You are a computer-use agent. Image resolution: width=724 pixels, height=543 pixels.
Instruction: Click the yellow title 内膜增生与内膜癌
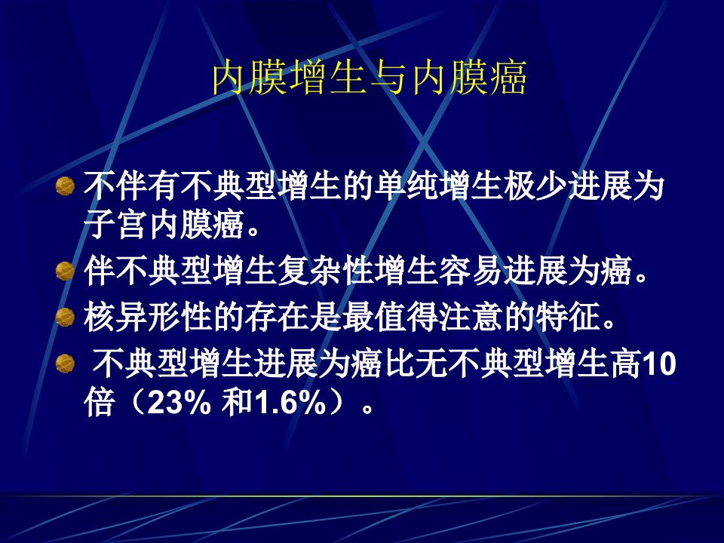[x=370, y=78]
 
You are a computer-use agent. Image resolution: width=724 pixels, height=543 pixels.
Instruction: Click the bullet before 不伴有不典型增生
[x=65, y=186]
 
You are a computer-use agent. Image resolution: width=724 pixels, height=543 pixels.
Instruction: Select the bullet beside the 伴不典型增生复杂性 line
[x=65, y=271]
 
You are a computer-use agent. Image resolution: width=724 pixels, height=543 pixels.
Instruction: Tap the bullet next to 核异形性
[x=65, y=317]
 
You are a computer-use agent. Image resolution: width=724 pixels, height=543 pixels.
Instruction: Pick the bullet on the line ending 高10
[x=65, y=364]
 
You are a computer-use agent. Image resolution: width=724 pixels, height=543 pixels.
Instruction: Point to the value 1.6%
[x=291, y=403]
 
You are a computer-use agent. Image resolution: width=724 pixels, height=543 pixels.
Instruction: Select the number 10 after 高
[x=659, y=364]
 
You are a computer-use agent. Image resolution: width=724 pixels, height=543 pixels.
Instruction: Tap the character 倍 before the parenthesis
[x=100, y=403]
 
